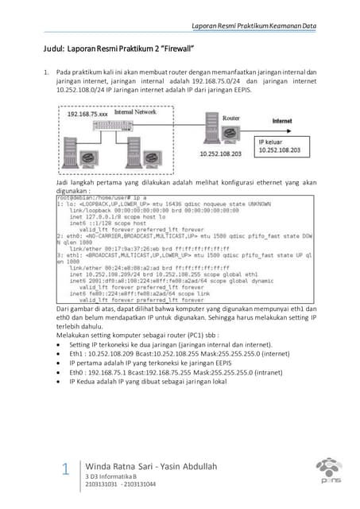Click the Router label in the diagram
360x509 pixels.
pos(230,117)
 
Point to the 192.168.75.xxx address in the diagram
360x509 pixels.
pos(87,114)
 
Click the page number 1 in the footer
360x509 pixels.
pos(65,470)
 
